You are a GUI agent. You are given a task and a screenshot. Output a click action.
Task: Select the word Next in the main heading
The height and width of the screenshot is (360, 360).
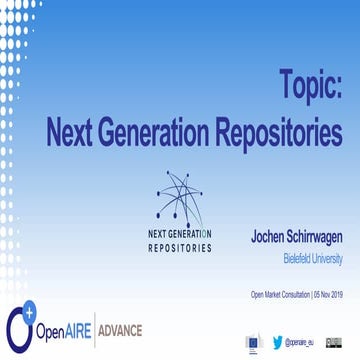(77, 130)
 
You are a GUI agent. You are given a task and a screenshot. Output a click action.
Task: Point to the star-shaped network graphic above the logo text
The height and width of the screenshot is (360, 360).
(180, 196)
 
